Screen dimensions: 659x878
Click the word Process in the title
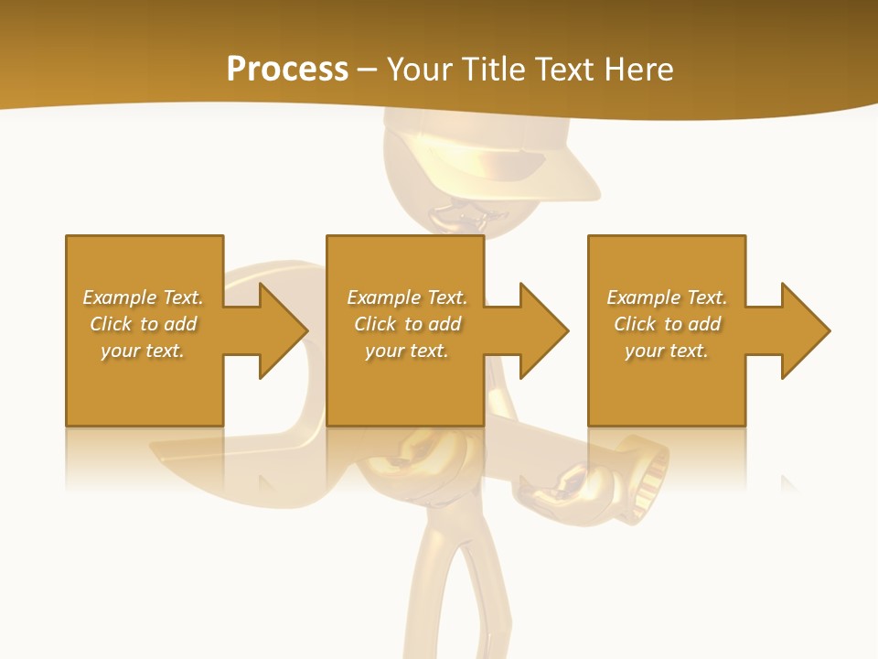(287, 70)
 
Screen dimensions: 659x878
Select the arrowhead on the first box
(283, 330)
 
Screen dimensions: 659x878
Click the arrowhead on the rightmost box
(805, 330)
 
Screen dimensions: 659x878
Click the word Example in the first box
(120, 297)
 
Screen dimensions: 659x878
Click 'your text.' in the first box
(143, 351)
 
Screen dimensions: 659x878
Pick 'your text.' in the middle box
(406, 351)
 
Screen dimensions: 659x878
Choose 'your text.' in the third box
(666, 351)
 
